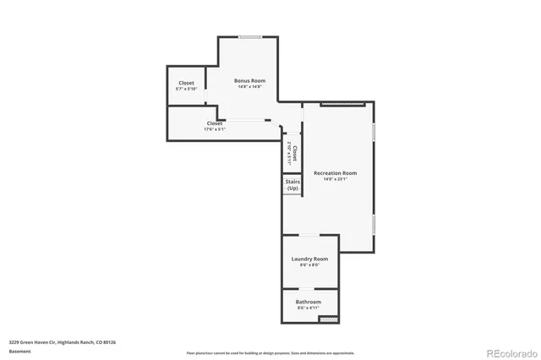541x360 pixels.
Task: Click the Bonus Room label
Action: [x=249, y=80]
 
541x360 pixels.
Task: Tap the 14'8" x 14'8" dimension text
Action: [x=249, y=86]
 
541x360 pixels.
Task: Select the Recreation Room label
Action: [x=335, y=172]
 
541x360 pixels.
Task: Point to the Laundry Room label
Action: [x=309, y=259]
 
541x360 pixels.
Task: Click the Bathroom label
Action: [x=308, y=302]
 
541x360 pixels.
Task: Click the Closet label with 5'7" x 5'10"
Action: [x=186, y=83]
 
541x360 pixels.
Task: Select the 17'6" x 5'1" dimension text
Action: [x=215, y=129]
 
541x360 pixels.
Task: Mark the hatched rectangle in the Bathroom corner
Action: [x=329, y=319]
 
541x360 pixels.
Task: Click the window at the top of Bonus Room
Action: [x=249, y=36]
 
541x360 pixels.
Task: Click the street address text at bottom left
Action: [x=63, y=342]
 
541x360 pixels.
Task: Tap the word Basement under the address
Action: [x=20, y=351]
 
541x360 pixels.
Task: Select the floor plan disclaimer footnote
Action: [x=271, y=352]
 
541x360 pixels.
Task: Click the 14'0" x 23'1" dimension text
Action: [x=335, y=179]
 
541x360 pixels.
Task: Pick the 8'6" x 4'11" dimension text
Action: [x=308, y=308]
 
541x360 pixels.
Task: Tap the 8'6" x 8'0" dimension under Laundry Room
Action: [x=309, y=265]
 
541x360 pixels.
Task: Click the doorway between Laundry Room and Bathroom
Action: [x=309, y=288]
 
